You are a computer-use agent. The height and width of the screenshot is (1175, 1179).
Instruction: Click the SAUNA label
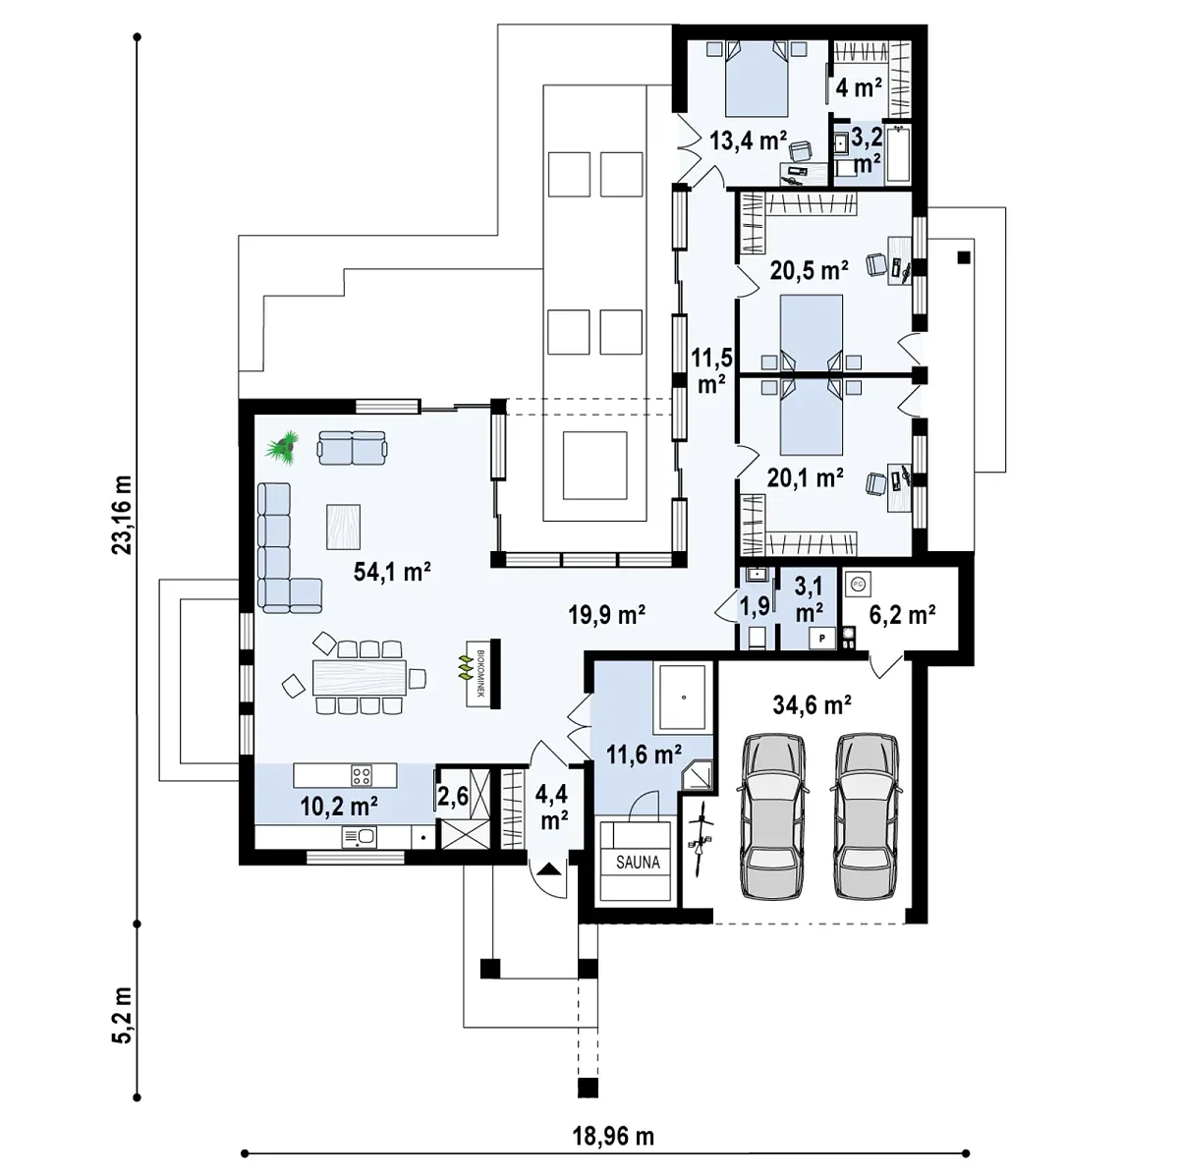click(638, 863)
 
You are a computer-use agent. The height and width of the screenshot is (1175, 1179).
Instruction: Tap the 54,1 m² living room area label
click(392, 572)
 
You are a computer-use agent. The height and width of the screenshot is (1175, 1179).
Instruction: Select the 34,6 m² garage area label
click(812, 705)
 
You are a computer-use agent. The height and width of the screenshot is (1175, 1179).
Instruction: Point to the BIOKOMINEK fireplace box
click(478, 673)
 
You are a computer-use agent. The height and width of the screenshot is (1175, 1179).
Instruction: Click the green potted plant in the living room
click(282, 446)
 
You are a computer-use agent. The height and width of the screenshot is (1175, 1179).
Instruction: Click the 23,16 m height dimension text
click(122, 515)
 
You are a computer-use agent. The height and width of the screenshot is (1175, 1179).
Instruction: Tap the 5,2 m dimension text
click(122, 1015)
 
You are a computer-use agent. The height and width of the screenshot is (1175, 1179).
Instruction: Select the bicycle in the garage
click(702, 840)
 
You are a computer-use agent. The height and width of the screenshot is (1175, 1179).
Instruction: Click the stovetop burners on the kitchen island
click(361, 776)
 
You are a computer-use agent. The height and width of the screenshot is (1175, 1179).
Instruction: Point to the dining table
click(360, 677)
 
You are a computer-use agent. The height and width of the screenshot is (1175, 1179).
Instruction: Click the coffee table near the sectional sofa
click(343, 527)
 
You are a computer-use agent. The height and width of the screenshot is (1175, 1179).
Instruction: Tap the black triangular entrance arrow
click(549, 867)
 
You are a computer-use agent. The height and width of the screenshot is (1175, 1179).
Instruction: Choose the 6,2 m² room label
click(902, 614)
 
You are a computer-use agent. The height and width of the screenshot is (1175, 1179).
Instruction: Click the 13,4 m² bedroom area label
click(748, 140)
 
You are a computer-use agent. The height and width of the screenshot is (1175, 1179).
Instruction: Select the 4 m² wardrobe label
click(859, 87)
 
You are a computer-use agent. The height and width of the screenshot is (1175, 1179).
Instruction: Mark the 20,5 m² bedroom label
click(809, 270)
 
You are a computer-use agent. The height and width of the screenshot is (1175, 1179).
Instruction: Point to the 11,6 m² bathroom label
click(644, 755)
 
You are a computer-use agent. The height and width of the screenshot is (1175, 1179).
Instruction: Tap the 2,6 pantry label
click(453, 796)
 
